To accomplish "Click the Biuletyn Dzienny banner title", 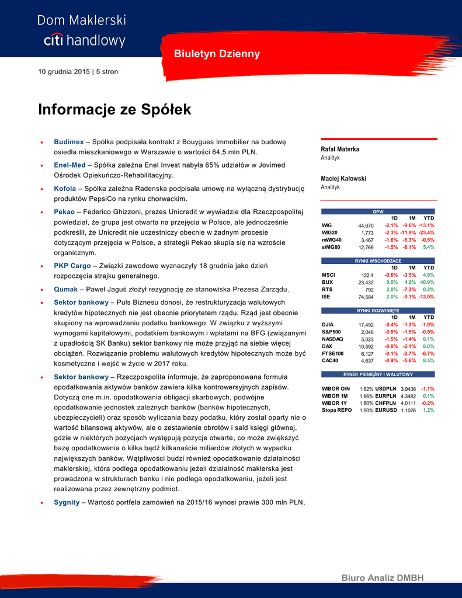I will coord(217,54).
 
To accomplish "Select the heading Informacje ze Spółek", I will coord(114,110).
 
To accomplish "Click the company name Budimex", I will coord(68,142).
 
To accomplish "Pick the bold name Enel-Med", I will coord(70,165).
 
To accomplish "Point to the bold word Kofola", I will coord(65,189).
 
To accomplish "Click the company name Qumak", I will coord(65,289).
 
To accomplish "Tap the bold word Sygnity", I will coord(67,502).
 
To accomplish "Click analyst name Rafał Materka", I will coord(340,149).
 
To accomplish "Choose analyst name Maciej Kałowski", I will coord(343,179).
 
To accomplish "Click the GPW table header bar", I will coord(378,211).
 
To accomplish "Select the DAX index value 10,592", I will coord(366,346).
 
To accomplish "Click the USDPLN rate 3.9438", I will coord(408,389).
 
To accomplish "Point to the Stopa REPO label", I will coord(336,411).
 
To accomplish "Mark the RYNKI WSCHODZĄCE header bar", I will coord(378,260).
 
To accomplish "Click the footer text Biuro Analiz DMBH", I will coord(382,578).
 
